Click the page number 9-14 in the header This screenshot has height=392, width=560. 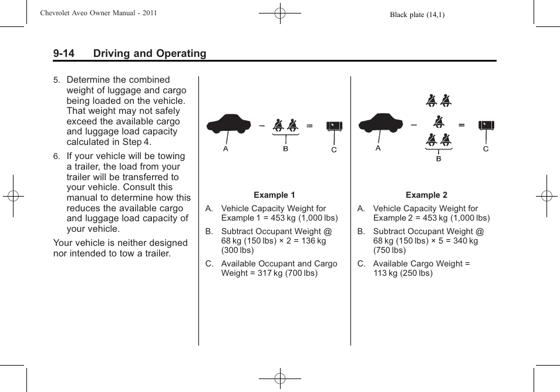[x=64, y=53]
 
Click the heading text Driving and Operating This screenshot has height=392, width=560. [x=150, y=53]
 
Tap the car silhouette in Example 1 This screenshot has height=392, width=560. [x=228, y=124]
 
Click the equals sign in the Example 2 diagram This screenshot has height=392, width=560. [x=461, y=125]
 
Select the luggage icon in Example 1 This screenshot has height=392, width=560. [x=334, y=126]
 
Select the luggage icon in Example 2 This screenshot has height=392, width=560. [x=486, y=125]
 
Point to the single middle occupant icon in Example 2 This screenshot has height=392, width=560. [x=438, y=121]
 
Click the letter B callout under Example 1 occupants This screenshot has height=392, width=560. [x=286, y=149]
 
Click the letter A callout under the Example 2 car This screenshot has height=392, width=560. [x=378, y=148]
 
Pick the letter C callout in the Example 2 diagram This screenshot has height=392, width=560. [x=485, y=149]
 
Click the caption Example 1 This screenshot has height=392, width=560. [x=274, y=195]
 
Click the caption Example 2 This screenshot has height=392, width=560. [x=426, y=195]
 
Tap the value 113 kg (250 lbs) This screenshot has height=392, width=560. [x=403, y=273]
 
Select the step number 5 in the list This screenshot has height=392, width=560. [x=56, y=80]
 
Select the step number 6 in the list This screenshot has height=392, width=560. [x=56, y=157]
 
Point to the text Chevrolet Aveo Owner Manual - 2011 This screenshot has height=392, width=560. [x=98, y=13]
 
